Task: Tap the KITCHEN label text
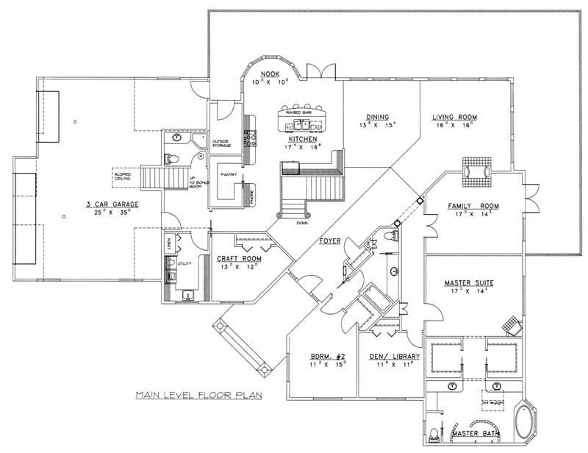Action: pyautogui.click(x=302, y=138)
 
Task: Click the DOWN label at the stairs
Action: pyautogui.click(x=302, y=221)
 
